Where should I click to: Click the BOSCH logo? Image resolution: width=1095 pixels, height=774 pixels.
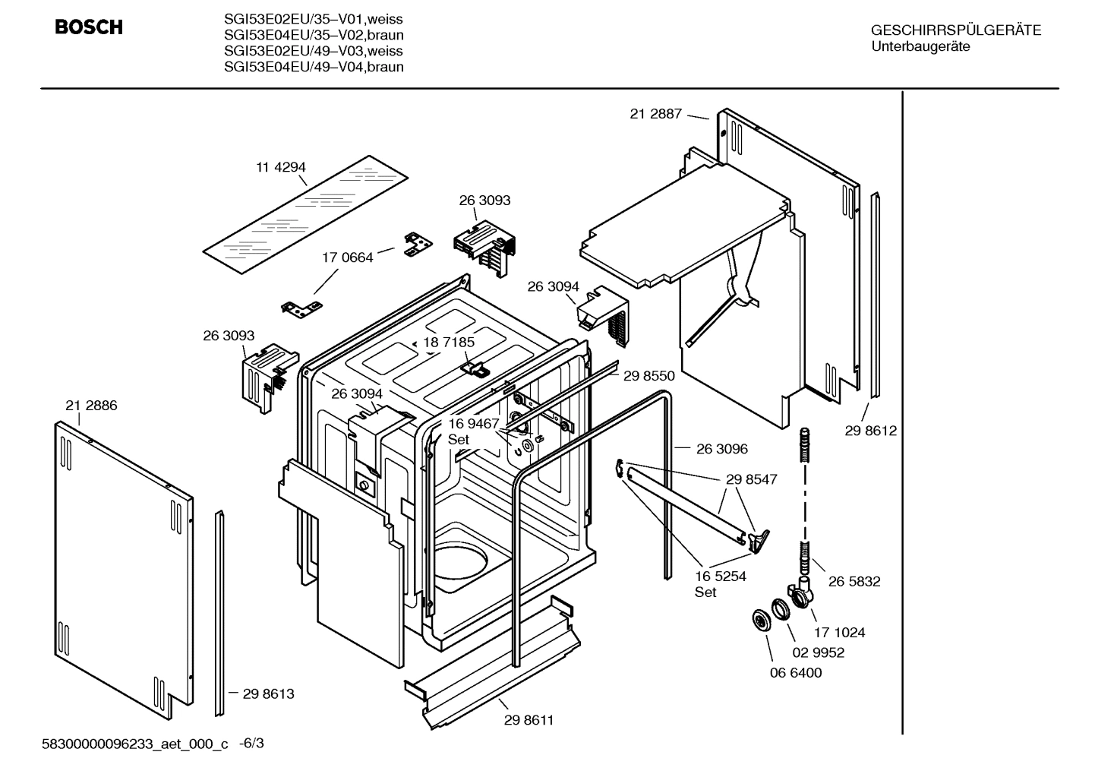coord(88,27)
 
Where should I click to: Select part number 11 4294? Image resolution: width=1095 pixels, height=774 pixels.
coord(280,167)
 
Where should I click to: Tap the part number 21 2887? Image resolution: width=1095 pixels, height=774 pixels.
coord(657,114)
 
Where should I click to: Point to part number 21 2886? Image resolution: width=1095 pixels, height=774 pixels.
coord(91,406)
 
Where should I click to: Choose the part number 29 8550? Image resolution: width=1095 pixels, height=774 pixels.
coord(648,375)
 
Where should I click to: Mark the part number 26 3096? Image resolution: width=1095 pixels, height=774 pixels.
coord(721,449)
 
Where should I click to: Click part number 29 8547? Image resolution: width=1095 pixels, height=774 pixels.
coord(751,480)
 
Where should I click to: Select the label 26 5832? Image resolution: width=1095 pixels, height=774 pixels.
coord(854,581)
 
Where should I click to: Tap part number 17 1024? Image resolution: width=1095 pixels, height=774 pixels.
coord(839,632)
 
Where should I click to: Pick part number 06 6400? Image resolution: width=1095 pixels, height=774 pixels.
coord(795,672)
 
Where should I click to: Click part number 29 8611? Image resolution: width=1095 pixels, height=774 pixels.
coord(529,720)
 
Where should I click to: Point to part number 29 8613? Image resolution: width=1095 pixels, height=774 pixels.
coord(268,693)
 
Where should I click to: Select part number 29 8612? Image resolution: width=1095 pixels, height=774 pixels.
coord(870,431)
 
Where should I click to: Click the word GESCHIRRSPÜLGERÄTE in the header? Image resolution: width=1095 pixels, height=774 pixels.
coord(955,30)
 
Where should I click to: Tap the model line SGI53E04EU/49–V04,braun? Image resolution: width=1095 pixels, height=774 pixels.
coord(314,67)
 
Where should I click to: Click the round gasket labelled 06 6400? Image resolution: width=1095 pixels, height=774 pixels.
coord(758,619)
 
